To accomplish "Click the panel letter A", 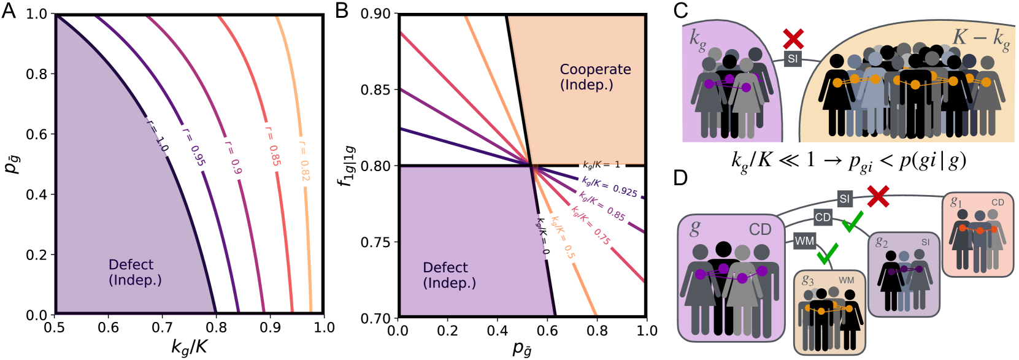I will point(9,11).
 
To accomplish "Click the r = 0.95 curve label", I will point(193,147).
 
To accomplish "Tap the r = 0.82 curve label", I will point(304,161).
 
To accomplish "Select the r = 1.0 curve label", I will point(157,135).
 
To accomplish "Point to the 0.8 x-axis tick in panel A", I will point(216,327).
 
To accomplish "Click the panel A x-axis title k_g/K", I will point(189,347).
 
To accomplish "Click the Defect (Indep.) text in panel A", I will point(134,272).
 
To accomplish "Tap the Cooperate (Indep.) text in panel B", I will point(594,77).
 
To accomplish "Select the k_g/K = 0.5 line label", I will point(563,237).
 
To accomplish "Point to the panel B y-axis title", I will point(347,166).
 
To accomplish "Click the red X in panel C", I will point(794,39).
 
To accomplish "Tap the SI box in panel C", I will point(793,59).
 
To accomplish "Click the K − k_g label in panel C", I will point(980,39).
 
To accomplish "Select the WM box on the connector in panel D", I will point(804,241).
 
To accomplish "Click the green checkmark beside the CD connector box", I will point(852,224).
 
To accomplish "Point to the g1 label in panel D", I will point(956,202).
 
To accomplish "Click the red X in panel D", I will point(878,197).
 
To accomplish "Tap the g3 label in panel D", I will point(807,281).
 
